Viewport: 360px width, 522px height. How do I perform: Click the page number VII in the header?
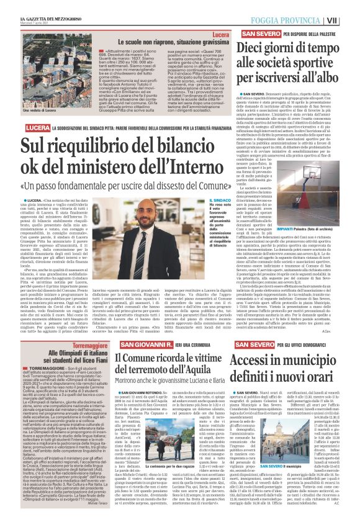351,20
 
